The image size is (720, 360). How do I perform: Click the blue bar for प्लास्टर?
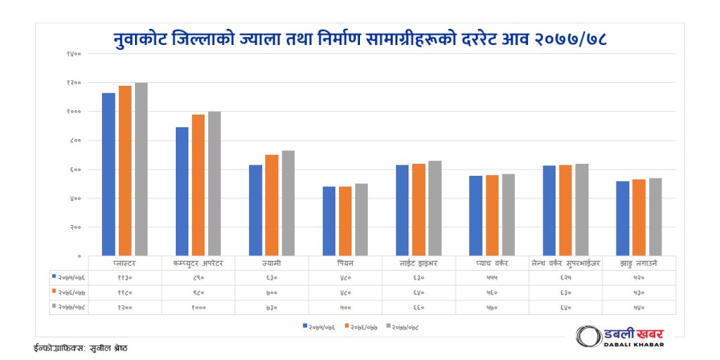[108, 174]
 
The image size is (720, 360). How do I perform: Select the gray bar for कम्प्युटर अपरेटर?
[214, 184]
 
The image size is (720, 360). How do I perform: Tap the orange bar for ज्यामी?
[271, 205]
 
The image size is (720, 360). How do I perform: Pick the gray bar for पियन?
[361, 219]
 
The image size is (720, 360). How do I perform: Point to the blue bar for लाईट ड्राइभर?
[402, 210]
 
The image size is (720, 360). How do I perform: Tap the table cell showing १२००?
[125, 307]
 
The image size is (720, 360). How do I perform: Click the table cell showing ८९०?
[198, 278]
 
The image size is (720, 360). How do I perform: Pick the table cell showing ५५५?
[492, 278]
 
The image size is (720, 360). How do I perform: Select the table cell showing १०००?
[198, 307]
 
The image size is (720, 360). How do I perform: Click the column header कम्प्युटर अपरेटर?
[198, 263]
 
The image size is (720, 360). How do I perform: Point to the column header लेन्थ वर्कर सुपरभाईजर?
[566, 263]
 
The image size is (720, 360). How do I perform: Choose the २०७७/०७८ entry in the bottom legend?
[407, 327]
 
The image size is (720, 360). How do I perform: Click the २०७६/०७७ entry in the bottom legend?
[364, 327]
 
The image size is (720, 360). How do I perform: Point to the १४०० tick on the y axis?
[74, 54]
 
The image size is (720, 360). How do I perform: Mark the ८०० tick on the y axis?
[75, 141]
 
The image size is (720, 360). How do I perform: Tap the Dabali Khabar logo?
[619, 336]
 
